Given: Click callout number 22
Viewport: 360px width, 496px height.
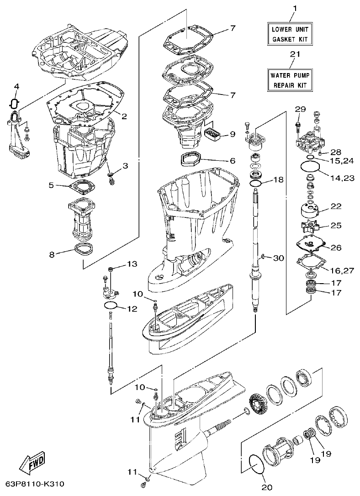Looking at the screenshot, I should tap(336, 206).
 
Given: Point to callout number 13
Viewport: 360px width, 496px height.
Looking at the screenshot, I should tap(132, 264).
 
